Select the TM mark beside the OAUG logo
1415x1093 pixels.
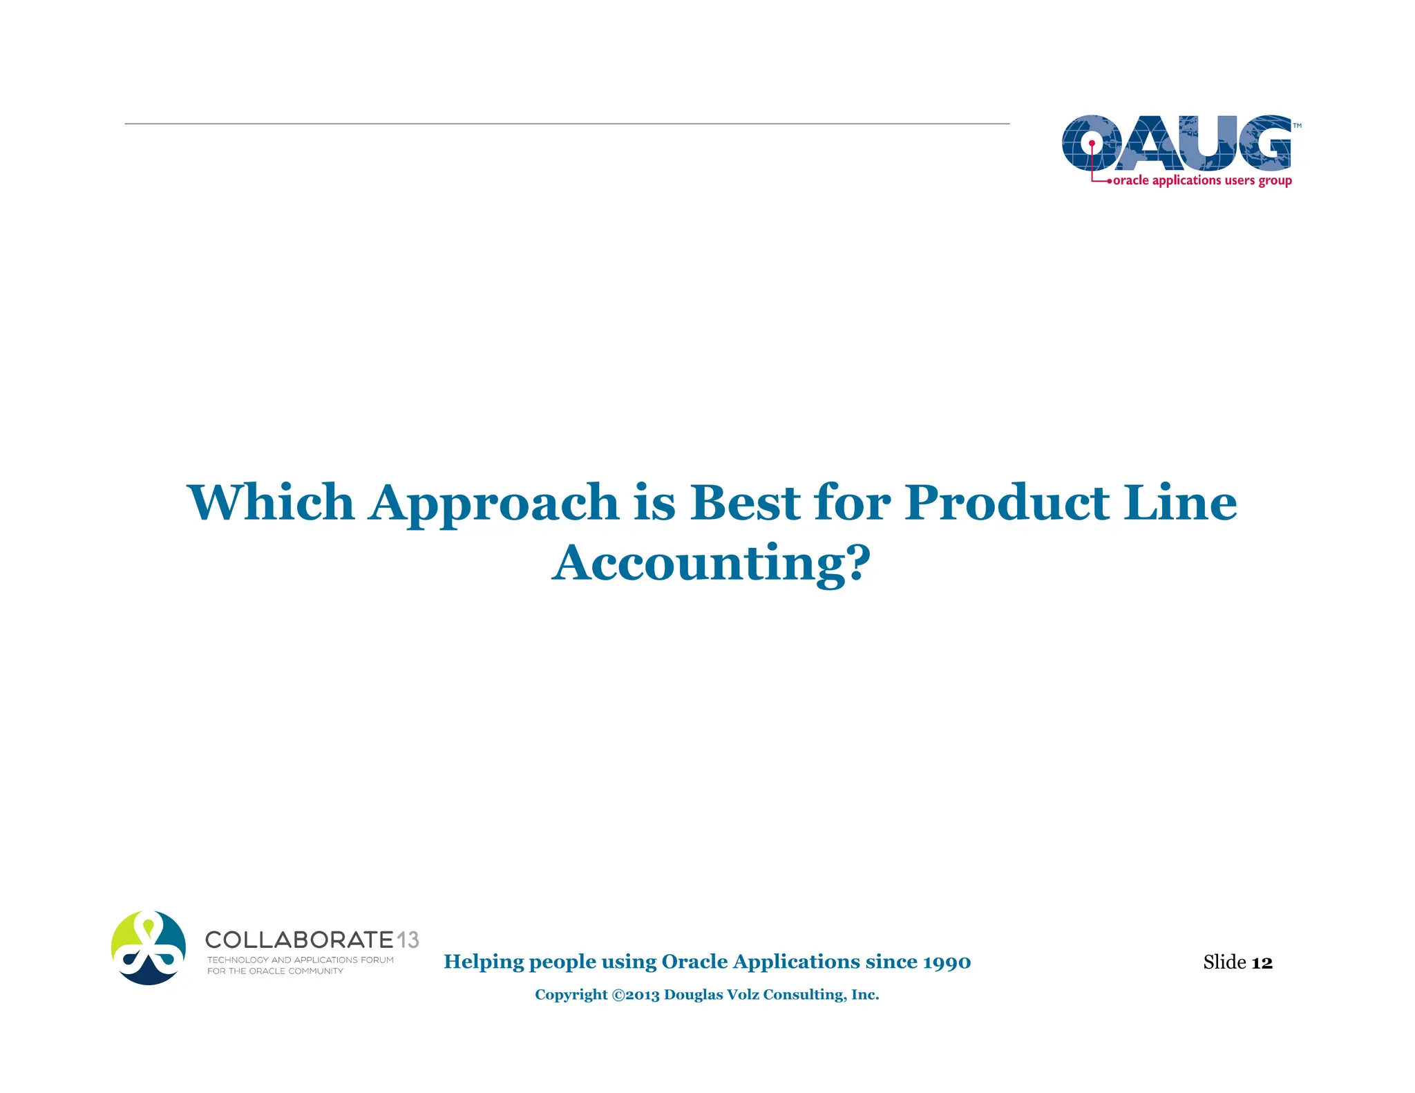tap(1297, 126)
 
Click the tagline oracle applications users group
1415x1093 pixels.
tap(1202, 180)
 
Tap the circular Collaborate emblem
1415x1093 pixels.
tap(149, 947)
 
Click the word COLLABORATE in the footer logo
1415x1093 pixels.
tap(299, 940)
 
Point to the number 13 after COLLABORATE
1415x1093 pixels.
tap(408, 940)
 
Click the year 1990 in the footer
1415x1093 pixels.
tap(947, 962)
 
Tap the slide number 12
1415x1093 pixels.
tap(1262, 962)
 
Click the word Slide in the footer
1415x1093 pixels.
tap(1224, 962)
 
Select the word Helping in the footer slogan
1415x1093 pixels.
tap(484, 962)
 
